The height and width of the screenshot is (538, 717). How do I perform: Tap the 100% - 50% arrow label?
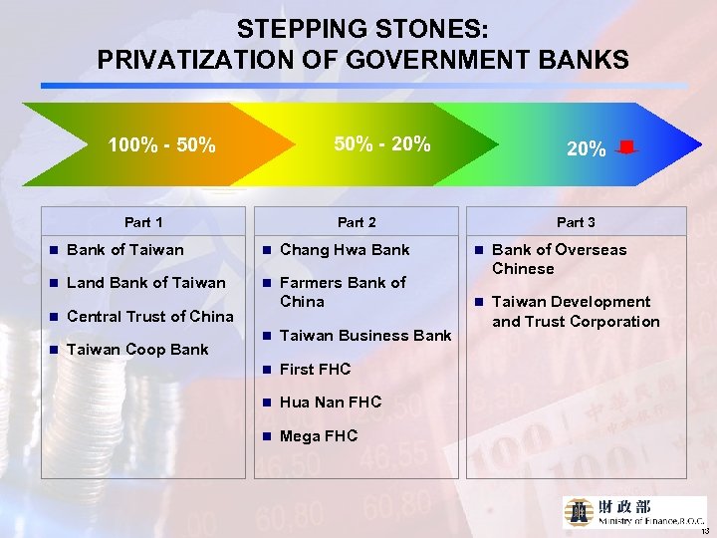[161, 147]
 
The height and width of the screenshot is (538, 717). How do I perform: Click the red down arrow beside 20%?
[626, 149]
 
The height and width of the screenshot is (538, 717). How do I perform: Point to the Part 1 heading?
[143, 222]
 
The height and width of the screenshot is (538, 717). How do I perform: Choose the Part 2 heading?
[357, 222]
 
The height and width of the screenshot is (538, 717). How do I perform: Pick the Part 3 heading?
[576, 222]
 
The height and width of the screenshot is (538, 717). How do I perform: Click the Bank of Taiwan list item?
[124, 249]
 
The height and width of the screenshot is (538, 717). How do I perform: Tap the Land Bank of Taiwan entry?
[145, 283]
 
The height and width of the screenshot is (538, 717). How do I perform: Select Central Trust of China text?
[149, 317]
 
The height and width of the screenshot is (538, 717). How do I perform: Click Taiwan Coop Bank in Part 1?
[137, 350]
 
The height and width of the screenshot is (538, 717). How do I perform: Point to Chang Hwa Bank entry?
[345, 249]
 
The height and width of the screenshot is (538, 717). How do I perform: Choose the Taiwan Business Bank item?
[365, 336]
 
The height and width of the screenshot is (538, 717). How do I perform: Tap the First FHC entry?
[316, 370]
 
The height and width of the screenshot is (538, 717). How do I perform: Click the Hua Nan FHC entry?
[331, 403]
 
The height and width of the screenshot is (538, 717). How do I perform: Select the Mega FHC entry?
[319, 436]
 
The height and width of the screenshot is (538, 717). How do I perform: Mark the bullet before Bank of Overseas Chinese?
[479, 250]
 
